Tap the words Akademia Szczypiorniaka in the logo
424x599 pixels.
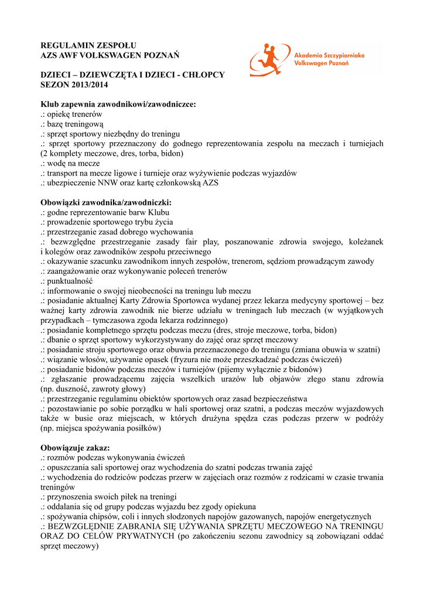(329, 54)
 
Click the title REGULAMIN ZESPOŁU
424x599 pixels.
(88, 45)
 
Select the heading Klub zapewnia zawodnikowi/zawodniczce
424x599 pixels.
(118, 104)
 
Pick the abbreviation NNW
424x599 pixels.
(108, 183)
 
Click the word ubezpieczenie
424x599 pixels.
(73, 183)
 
